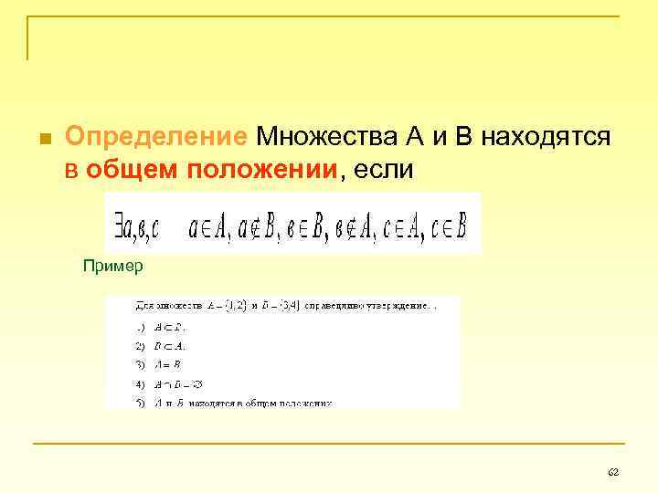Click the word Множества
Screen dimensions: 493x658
click(x=325, y=137)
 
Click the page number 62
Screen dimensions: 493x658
click(x=613, y=471)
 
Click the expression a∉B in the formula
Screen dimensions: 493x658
click(x=258, y=224)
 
